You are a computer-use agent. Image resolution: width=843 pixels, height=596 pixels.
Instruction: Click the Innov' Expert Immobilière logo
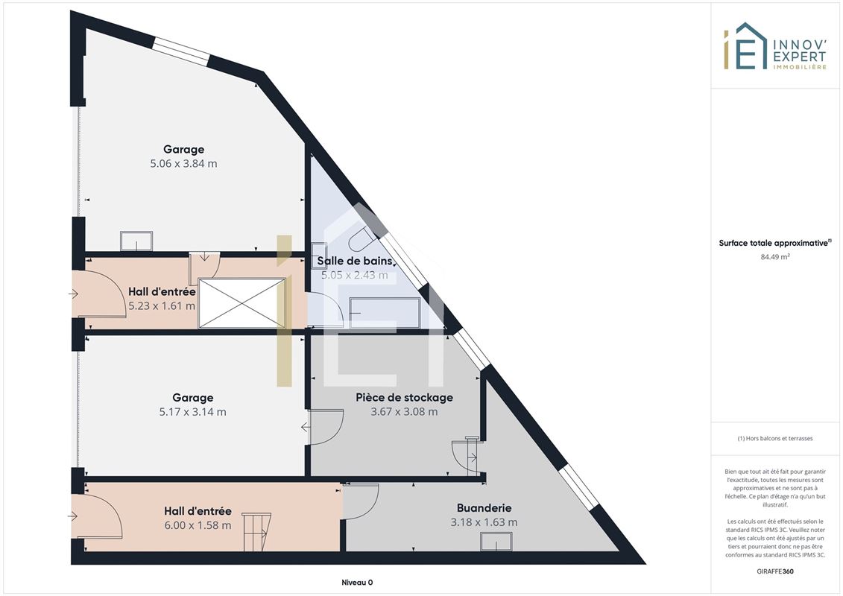click(774, 45)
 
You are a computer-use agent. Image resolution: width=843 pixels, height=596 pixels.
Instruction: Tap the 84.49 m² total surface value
click(774, 257)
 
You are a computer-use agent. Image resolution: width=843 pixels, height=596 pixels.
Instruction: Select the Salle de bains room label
click(354, 261)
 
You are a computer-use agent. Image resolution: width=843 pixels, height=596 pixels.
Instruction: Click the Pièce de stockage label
click(404, 398)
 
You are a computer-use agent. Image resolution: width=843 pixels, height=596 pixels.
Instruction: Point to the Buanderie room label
click(484, 508)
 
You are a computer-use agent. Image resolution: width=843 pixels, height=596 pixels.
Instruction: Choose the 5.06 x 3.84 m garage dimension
click(184, 163)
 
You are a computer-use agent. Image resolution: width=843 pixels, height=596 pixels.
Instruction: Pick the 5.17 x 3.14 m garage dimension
click(192, 412)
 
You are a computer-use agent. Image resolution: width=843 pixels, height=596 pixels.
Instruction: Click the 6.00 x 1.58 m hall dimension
click(198, 525)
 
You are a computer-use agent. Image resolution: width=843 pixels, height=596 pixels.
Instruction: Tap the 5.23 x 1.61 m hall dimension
click(162, 305)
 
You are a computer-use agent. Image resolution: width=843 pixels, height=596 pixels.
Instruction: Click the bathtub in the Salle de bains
click(385, 312)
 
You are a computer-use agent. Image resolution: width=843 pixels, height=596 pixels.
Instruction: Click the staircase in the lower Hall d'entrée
click(256, 532)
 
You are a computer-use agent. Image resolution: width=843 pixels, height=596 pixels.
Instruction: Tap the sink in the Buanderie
click(496, 542)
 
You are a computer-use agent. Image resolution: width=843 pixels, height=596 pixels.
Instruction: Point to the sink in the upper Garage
click(136, 241)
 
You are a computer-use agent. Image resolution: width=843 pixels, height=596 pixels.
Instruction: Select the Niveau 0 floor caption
click(357, 583)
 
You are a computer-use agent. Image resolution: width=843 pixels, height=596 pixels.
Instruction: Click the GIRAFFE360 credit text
click(774, 571)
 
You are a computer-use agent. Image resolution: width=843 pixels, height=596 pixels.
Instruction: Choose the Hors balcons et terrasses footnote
click(774, 439)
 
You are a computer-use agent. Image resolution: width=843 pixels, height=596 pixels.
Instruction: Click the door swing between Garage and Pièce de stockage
click(326, 427)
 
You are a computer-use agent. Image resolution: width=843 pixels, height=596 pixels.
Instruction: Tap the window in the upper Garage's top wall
click(180, 51)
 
